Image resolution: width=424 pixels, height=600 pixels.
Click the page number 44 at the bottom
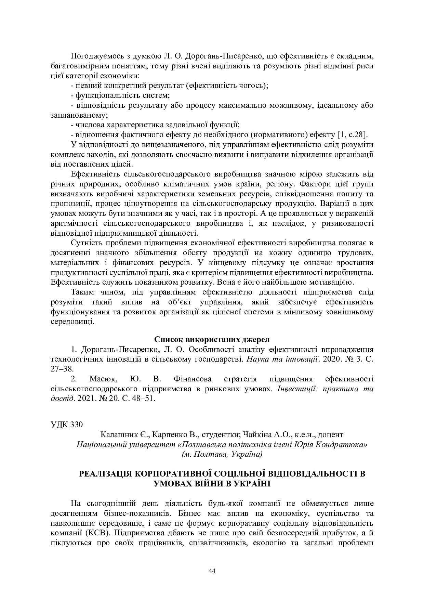(x=212, y=571)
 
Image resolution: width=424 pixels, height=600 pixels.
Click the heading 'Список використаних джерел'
(x=212, y=340)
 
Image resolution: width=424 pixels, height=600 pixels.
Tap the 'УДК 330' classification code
(x=67, y=425)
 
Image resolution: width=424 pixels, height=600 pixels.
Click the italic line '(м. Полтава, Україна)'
(x=222, y=454)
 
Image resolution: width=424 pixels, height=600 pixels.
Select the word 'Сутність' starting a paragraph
(x=85, y=243)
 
